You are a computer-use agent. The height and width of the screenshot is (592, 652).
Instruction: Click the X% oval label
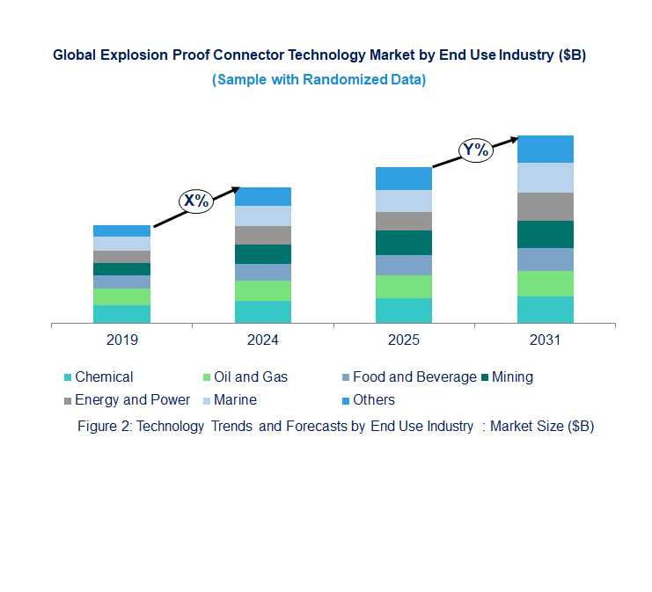(x=195, y=201)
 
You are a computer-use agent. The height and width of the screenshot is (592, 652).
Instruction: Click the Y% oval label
(x=475, y=150)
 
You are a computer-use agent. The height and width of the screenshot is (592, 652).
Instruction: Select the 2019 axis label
(x=121, y=340)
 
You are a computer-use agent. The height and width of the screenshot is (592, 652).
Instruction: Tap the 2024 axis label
(x=263, y=340)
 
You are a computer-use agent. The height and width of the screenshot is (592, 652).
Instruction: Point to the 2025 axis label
(x=404, y=340)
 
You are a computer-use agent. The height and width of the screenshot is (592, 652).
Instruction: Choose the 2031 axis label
(x=545, y=340)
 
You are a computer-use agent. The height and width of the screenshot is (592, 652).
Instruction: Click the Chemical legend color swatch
(x=68, y=377)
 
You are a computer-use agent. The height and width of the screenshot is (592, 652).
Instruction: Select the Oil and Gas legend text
(x=251, y=377)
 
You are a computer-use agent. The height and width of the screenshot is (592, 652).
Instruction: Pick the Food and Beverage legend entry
(x=414, y=377)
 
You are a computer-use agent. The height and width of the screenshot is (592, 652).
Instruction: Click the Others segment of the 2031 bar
(x=545, y=149)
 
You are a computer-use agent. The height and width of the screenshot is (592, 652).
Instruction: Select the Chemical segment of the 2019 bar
(x=121, y=314)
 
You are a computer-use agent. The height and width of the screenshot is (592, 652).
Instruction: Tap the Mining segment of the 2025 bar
(x=404, y=243)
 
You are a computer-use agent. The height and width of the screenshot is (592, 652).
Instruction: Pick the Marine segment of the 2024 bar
(x=263, y=216)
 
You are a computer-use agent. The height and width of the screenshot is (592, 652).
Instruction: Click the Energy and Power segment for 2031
(x=545, y=207)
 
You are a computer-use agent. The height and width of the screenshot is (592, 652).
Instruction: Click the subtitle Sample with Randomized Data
(x=319, y=80)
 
